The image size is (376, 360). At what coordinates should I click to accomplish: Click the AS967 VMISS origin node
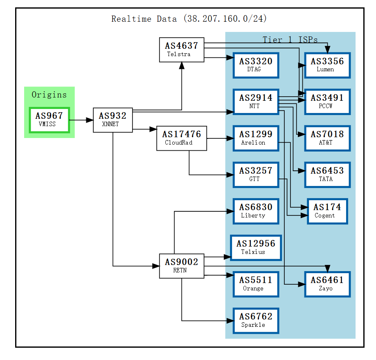click(49, 120)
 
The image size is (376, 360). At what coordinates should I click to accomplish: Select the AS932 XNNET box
click(113, 120)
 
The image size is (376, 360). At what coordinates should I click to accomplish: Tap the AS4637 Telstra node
click(182, 50)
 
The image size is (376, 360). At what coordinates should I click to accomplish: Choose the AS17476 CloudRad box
click(181, 138)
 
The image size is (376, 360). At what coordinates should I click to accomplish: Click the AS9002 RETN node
click(182, 266)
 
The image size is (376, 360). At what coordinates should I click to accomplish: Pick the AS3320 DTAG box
click(256, 65)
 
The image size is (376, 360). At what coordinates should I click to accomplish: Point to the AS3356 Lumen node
click(327, 65)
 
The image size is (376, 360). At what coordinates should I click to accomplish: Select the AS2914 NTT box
click(256, 102)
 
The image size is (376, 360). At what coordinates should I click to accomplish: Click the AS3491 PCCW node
click(327, 102)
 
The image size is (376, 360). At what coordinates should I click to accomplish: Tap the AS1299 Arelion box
click(256, 138)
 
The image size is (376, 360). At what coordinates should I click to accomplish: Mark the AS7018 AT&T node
click(327, 138)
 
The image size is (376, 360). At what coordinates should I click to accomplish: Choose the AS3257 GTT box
click(256, 174)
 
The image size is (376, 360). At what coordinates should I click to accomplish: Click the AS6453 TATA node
click(327, 174)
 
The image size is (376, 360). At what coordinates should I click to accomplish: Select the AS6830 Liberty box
click(256, 211)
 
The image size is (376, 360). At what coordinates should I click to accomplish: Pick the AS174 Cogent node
click(327, 211)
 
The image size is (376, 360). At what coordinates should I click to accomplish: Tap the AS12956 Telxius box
click(256, 247)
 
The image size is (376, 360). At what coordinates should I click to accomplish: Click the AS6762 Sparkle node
click(256, 320)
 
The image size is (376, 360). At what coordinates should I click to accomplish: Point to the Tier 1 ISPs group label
click(290, 40)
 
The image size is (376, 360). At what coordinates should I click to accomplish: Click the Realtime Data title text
click(189, 19)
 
